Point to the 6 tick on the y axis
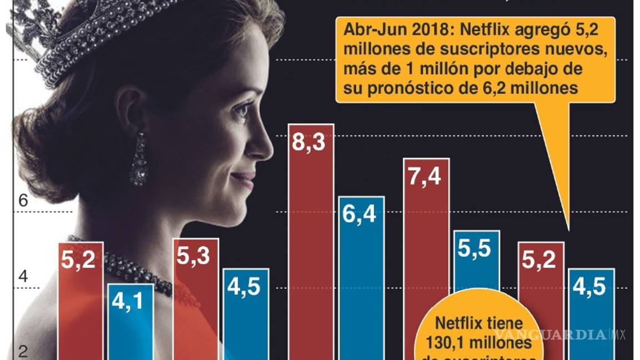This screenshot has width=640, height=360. click(x=23, y=202)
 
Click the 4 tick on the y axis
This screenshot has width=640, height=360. click(x=23, y=277)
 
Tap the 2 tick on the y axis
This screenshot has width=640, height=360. click(x=23, y=351)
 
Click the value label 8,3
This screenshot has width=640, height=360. click(x=311, y=143)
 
